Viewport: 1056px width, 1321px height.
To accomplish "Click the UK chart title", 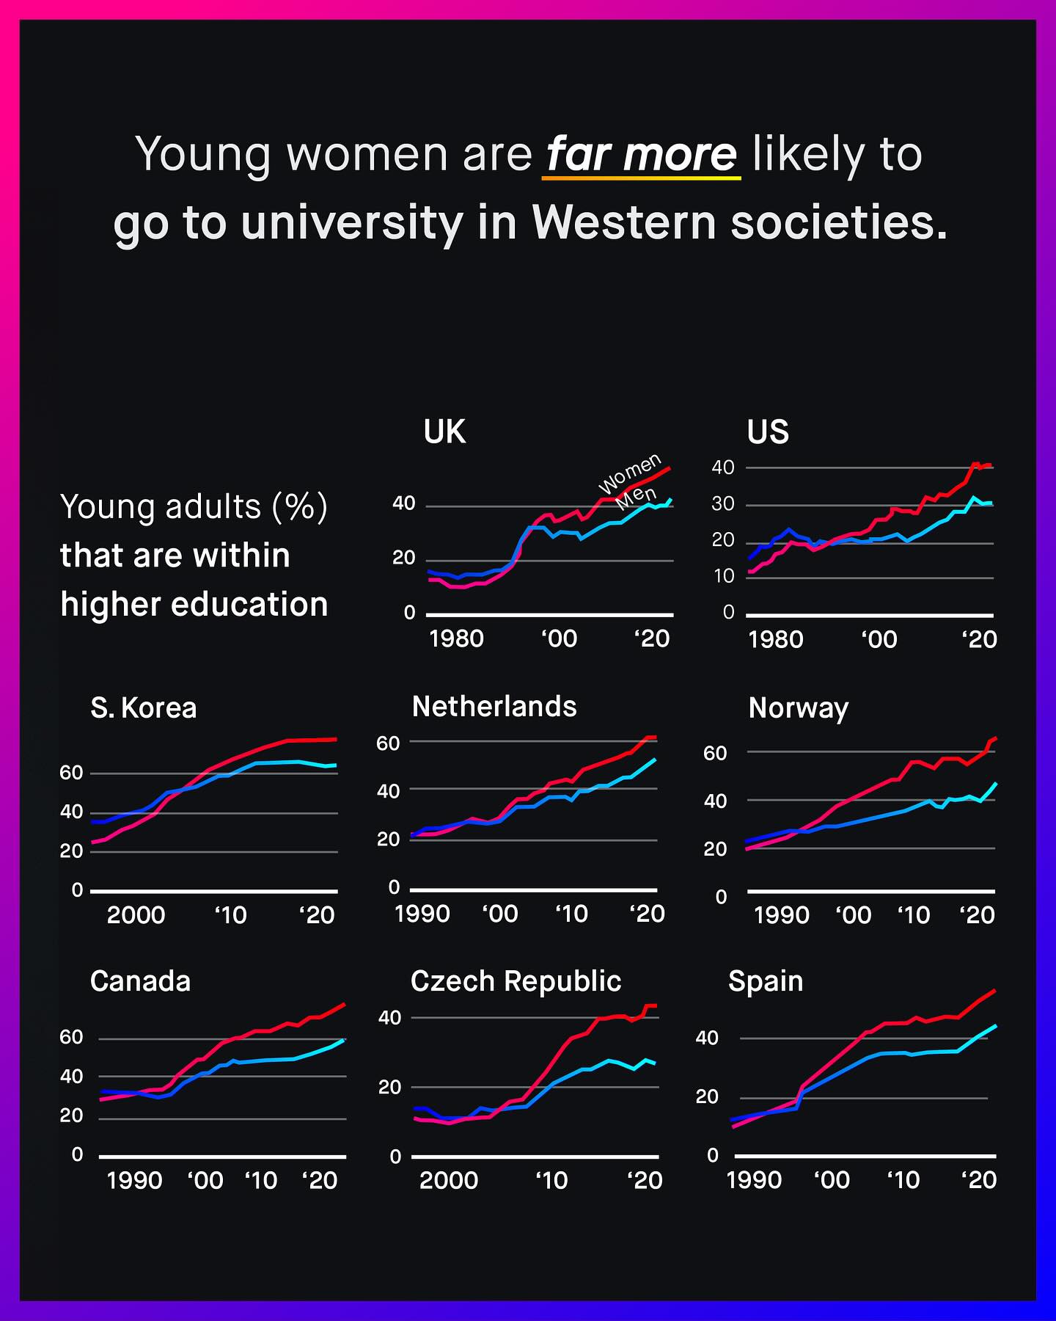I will pos(444,432).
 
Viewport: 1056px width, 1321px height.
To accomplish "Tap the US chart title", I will pos(768,432).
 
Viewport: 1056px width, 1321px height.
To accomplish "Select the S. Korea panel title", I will pos(144,708).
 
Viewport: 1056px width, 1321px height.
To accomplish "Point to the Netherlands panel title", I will pos(494,707).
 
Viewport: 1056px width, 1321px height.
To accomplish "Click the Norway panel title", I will pos(799,708).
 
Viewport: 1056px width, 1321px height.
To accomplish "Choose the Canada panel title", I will pos(140,981).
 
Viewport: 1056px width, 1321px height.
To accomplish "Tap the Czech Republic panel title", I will pos(516,981).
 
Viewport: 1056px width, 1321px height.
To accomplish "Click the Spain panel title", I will pos(766,981).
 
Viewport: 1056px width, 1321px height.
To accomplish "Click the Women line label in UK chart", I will pos(630,474).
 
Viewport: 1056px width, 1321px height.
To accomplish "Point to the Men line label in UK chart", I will pos(636,499).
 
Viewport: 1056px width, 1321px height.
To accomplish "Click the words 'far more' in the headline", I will pos(642,154).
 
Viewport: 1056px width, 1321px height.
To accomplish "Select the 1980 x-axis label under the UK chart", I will pos(456,638).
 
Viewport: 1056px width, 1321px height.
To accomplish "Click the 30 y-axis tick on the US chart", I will pos(722,504).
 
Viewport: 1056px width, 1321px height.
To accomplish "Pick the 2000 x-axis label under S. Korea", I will pos(136,915).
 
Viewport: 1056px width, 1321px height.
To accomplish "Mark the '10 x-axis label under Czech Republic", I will pos(551,1180).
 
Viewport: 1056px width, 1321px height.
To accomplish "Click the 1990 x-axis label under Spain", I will pos(753,1180).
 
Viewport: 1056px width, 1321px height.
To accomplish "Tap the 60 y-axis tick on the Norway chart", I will pos(715,753).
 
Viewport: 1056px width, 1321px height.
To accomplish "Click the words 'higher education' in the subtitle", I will pos(194,605).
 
